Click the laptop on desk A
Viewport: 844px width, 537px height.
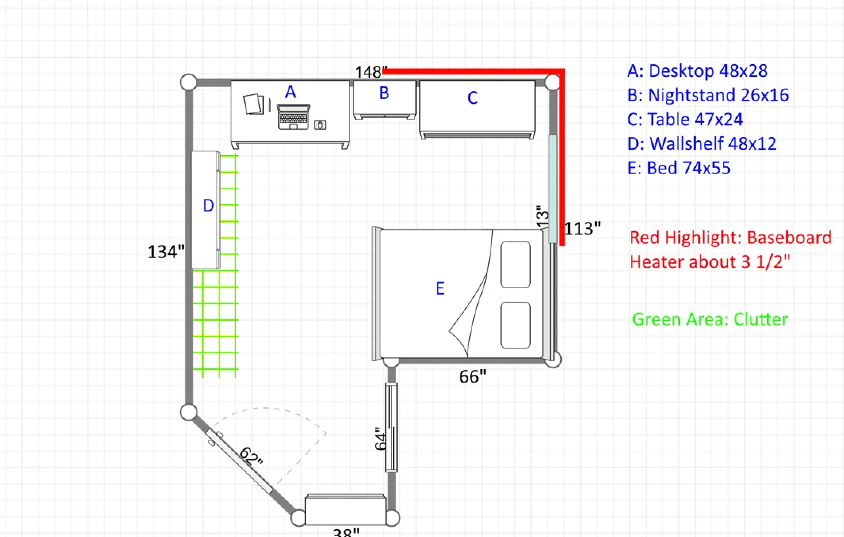293,116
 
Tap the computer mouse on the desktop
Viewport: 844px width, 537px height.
320,125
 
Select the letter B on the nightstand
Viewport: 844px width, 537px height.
384,93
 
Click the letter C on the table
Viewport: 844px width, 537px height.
472,98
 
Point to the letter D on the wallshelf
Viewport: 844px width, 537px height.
208,206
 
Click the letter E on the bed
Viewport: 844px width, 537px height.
440,288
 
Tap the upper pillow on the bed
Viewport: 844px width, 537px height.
516,264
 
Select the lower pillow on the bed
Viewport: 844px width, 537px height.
516,325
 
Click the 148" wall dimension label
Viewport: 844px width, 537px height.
371,72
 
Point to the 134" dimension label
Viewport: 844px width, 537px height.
166,252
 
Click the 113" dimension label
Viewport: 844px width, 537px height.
582,229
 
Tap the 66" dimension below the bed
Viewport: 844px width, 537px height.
472,377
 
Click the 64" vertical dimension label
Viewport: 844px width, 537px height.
380,438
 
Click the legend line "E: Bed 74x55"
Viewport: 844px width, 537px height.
679,168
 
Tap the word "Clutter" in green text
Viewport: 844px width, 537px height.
761,319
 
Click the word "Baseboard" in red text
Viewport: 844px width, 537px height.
789,238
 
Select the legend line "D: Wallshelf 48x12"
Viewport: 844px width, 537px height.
702,143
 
